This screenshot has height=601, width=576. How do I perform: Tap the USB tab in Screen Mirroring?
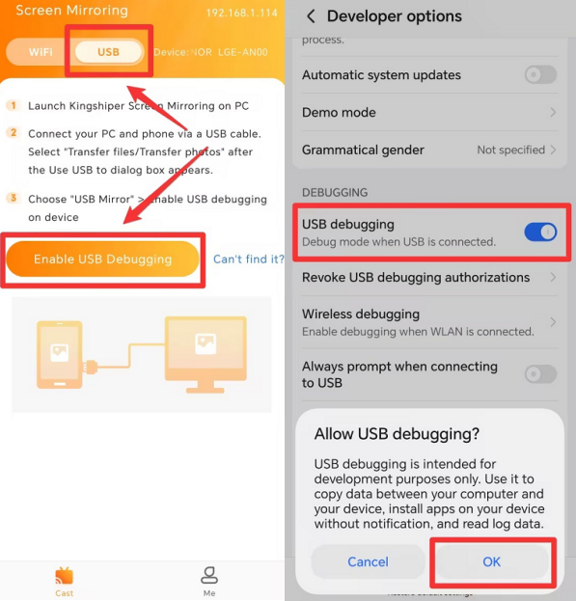[x=108, y=51]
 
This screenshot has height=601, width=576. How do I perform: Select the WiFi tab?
[x=41, y=51]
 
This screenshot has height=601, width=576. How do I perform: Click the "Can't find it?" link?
[x=248, y=259]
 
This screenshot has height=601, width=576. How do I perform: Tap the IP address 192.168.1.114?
[x=240, y=14]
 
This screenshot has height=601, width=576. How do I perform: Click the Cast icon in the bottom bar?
[x=64, y=577]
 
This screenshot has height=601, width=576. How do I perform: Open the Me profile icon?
[x=209, y=577]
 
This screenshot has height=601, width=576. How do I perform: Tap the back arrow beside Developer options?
[x=311, y=16]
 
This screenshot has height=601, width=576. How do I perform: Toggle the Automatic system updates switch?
[x=540, y=75]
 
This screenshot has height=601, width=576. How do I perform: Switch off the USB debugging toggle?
[x=540, y=232]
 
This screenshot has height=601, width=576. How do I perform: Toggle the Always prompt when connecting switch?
[x=540, y=374]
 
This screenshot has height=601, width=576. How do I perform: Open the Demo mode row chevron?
[x=553, y=113]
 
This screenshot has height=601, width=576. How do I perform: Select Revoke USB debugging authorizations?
[x=416, y=278]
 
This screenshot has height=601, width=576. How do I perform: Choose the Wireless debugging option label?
[x=361, y=314]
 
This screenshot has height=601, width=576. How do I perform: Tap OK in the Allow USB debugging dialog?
[x=491, y=561]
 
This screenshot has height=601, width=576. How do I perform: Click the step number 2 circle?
[x=14, y=133]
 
